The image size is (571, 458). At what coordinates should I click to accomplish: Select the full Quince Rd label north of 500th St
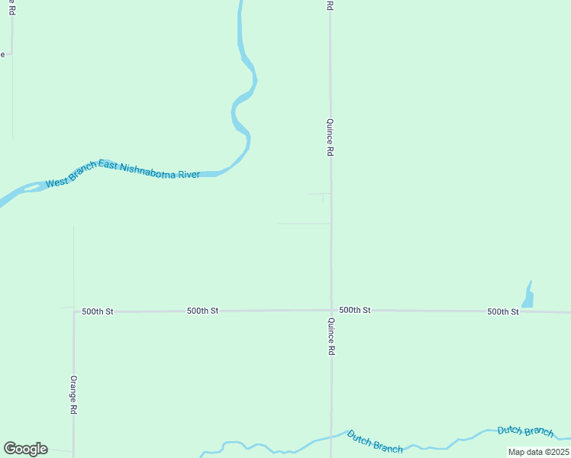330,137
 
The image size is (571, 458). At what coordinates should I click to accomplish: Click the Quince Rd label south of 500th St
331,337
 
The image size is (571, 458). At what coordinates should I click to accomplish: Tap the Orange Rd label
73,394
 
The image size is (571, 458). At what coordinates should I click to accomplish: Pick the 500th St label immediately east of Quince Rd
355,310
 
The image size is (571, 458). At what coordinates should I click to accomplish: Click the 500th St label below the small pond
503,311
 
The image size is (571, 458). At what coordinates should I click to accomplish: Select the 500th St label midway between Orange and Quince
203,311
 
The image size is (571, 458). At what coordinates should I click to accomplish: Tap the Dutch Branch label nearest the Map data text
525,431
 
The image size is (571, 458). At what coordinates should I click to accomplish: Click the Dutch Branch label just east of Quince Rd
374,442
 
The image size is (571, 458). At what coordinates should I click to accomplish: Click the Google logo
25,449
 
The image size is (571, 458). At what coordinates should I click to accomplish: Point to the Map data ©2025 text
538,452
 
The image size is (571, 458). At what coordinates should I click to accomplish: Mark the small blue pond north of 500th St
527,295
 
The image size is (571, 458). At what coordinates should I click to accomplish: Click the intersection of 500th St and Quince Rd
331,310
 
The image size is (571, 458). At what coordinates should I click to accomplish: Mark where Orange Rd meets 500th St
74,311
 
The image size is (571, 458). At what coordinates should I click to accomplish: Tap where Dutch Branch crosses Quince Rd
331,437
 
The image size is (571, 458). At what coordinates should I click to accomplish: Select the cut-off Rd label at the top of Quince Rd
330,5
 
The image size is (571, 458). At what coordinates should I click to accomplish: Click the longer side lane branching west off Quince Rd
304,224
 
